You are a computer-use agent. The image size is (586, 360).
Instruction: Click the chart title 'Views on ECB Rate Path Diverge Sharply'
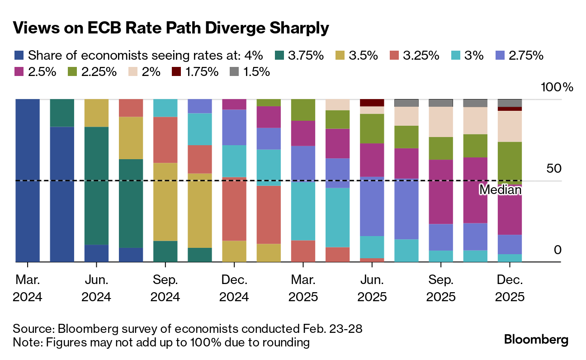point(170,28)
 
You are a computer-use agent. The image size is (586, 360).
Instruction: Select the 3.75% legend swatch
point(280,56)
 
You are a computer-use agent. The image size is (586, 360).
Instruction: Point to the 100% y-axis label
point(557,87)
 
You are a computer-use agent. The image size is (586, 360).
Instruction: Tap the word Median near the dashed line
point(500,190)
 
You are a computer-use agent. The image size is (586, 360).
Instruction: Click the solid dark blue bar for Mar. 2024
point(28,181)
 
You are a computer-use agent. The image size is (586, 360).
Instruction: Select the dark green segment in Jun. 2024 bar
point(96,185)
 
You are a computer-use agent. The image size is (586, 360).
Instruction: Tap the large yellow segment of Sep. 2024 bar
point(165,201)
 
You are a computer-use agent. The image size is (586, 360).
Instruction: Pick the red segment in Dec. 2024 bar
point(234,208)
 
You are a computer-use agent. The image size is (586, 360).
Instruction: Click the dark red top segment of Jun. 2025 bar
point(372,103)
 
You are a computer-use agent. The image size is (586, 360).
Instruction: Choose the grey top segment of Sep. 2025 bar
point(440,103)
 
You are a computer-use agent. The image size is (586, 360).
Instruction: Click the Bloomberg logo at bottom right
point(536,340)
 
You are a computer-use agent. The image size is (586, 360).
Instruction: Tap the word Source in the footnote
point(32,328)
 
